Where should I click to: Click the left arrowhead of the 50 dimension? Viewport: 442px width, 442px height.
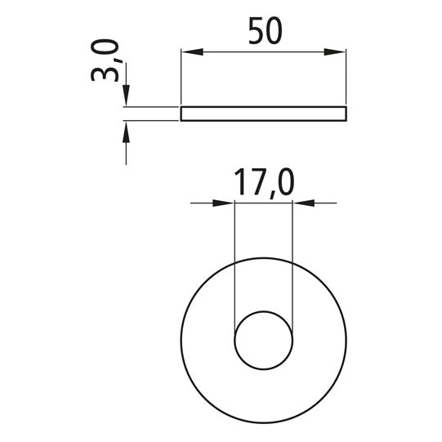190,52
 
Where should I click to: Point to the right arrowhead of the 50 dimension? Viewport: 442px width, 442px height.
336,52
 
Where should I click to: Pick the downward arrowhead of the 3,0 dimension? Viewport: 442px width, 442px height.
126,98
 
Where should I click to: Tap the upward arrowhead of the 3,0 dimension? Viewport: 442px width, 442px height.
126,130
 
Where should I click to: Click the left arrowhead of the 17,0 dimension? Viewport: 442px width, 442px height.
225,203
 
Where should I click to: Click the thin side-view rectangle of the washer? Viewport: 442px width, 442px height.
263,114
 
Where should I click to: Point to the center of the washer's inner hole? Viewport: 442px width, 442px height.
263,338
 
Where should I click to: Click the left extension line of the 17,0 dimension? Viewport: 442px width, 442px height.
234,261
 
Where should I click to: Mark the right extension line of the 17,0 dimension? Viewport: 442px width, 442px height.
292,261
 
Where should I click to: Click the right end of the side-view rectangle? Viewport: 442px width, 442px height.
346,114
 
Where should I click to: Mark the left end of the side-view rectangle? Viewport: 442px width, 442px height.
181,114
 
